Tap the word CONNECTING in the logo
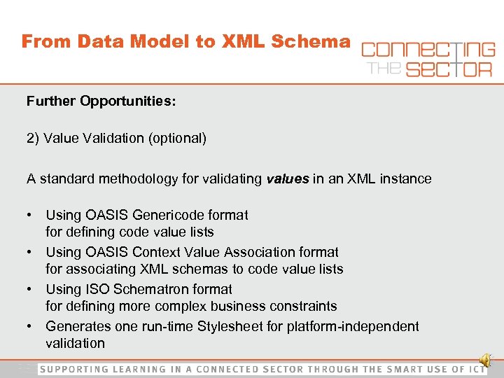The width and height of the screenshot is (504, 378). coord(428,50)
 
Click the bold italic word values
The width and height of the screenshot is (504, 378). coord(288,179)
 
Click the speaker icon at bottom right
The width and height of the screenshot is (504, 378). coord(486,360)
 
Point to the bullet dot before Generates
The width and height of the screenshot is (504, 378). coord(31,326)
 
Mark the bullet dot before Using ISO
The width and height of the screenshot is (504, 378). coord(31,289)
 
